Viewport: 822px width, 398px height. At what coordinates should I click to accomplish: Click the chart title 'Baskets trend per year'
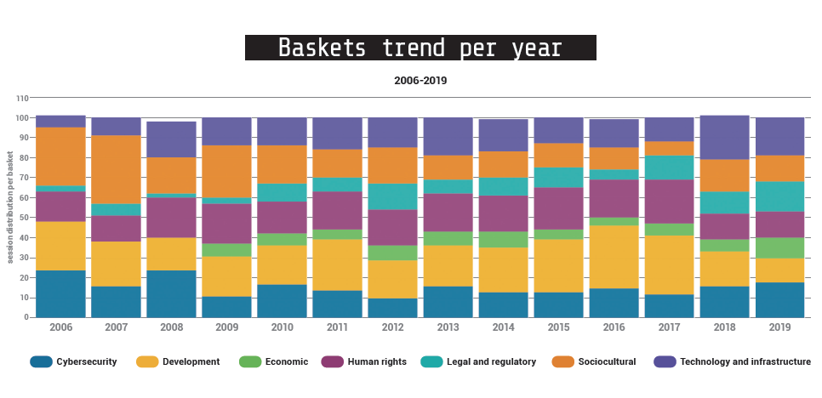click(420, 48)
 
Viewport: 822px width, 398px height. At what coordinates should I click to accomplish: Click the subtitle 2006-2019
click(420, 81)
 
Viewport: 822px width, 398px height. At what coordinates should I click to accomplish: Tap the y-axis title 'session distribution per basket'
click(11, 208)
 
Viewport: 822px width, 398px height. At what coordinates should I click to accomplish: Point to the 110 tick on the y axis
click(23, 98)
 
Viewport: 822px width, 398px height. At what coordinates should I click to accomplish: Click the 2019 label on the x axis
click(780, 327)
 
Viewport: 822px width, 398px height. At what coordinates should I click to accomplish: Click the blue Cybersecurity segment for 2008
click(172, 293)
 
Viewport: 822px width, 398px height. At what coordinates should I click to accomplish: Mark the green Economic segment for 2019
click(780, 247)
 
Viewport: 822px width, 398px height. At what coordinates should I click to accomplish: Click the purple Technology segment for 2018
click(725, 138)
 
